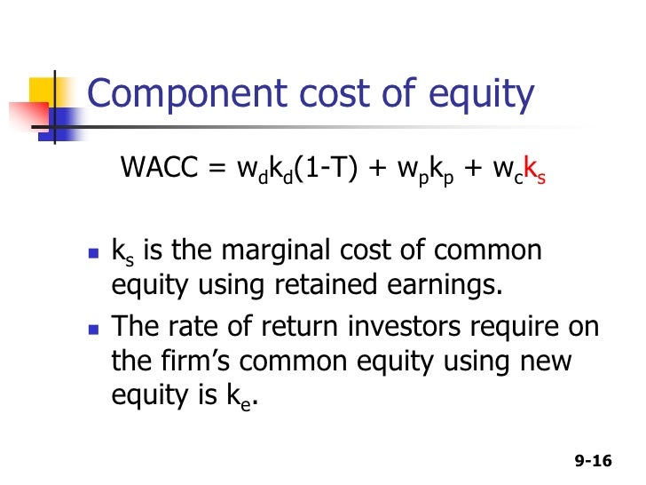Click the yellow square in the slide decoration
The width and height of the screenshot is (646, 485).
(x=48, y=94)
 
